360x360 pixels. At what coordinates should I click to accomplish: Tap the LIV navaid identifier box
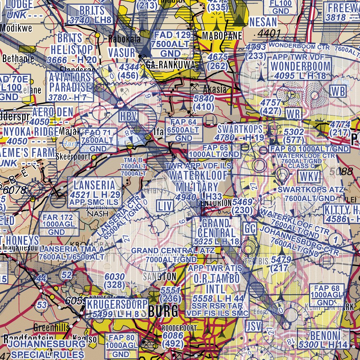click(x=164, y=206)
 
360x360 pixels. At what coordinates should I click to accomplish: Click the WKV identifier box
click(x=310, y=177)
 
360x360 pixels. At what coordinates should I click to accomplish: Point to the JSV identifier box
click(x=254, y=326)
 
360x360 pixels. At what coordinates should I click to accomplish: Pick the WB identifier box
click(x=338, y=91)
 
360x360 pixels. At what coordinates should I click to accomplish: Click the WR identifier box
click(x=294, y=114)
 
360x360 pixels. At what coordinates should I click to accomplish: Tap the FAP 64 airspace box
click(x=184, y=130)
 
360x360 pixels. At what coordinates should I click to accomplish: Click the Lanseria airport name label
click(x=94, y=185)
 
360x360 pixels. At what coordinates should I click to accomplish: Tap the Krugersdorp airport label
click(x=117, y=304)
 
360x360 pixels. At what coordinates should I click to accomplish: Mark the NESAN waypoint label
click(x=263, y=22)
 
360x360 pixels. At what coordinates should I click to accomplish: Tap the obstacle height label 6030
click(x=115, y=277)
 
